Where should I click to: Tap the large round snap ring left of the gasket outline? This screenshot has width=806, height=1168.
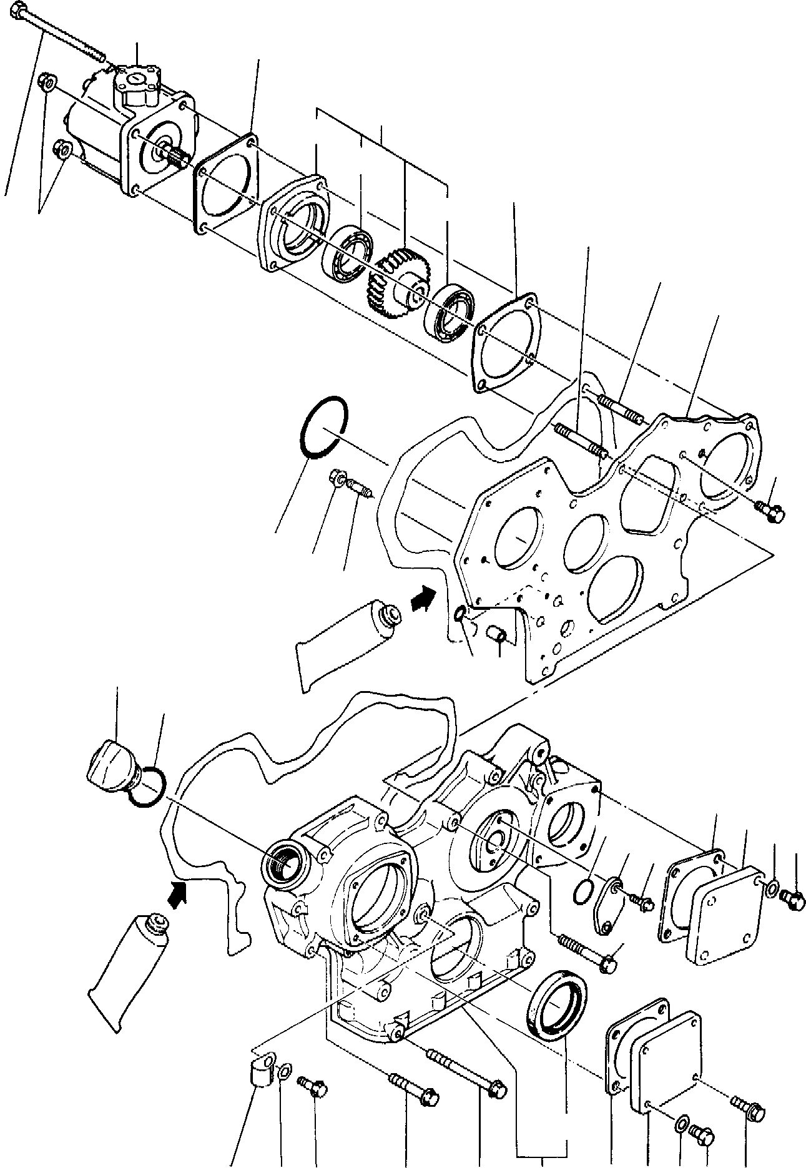pos(322,428)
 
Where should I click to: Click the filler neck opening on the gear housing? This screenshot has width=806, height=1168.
pos(283,865)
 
